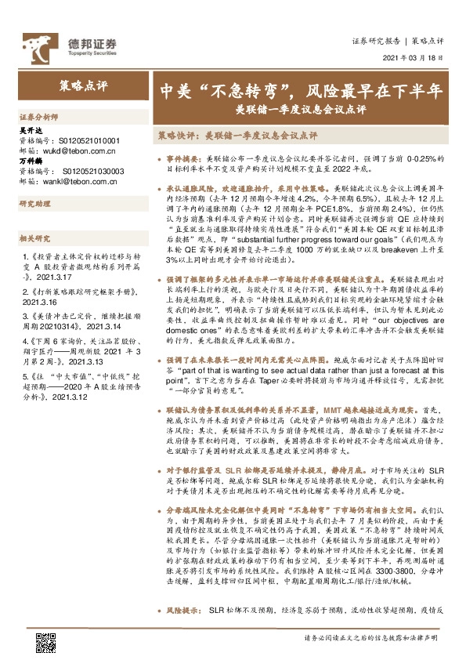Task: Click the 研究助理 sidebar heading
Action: (x=34, y=204)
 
